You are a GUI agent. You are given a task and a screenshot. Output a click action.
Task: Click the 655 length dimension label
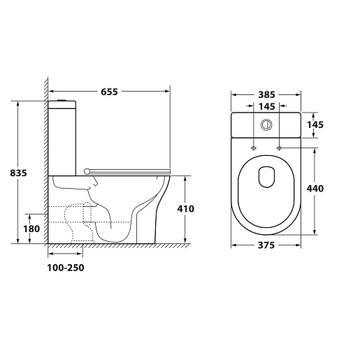pyautogui.click(x=109, y=92)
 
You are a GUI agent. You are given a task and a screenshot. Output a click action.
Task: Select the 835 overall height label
pyautogui.click(x=18, y=173)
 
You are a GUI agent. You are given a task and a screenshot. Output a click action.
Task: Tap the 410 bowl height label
pyautogui.click(x=186, y=209)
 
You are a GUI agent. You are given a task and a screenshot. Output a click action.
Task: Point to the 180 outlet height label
pyautogui.click(x=31, y=229)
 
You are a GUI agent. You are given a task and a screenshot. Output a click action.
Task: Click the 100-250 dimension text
pyautogui.click(x=66, y=268)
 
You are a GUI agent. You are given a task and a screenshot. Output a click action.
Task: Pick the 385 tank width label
pyautogui.click(x=267, y=94)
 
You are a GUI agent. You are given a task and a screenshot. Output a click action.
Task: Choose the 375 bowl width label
pyautogui.click(x=266, y=245)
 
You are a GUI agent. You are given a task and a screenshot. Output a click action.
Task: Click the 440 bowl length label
pyautogui.click(x=315, y=189)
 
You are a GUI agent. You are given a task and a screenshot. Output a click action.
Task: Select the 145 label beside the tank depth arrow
pyautogui.click(x=315, y=124)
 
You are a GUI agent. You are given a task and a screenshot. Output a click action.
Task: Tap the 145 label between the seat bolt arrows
pyautogui.click(x=267, y=106)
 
